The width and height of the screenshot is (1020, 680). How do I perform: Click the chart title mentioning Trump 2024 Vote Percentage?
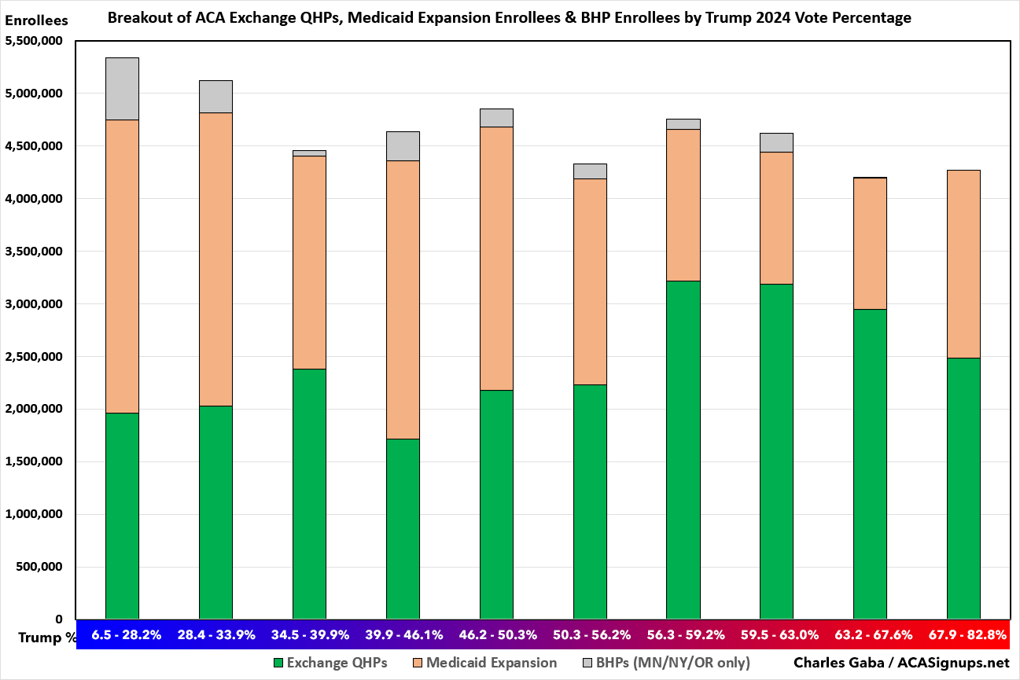pyautogui.click(x=510, y=18)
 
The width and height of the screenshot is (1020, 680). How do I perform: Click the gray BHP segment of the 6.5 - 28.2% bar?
pyautogui.click(x=122, y=89)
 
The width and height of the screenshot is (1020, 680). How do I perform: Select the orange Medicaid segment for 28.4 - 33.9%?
pyautogui.click(x=215, y=259)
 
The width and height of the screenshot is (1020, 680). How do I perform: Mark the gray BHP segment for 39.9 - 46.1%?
pyautogui.click(x=403, y=146)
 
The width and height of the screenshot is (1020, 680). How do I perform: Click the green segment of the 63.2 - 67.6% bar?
pyautogui.click(x=870, y=464)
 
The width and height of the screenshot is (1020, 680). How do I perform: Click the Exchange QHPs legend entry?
pyautogui.click(x=330, y=663)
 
